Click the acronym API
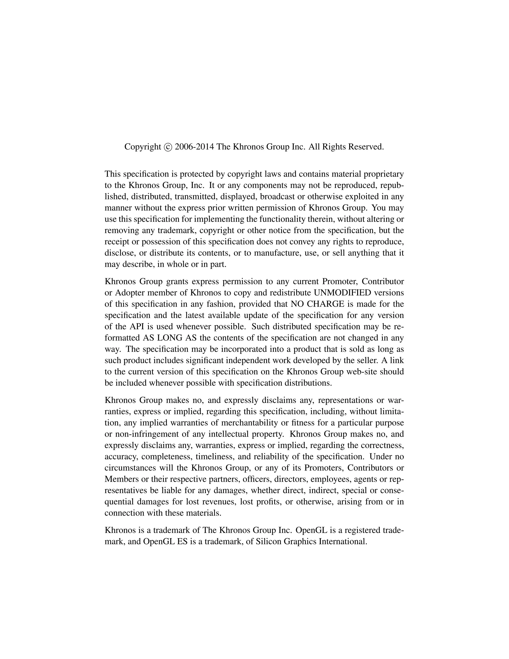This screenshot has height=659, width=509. click(x=137, y=327)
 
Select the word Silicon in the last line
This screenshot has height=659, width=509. click(x=268, y=541)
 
